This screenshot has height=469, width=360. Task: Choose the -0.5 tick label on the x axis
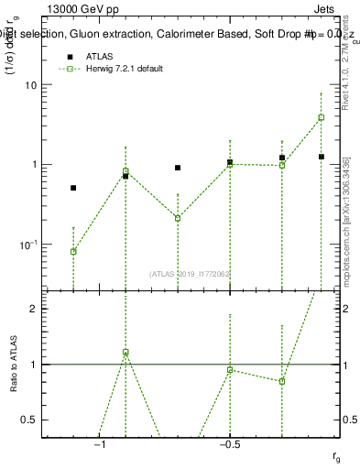[x=229, y=443]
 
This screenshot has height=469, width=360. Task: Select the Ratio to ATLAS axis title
[x=12, y=365]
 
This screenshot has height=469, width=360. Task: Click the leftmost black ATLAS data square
[x=73, y=188]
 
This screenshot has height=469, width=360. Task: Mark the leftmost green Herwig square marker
[x=73, y=251]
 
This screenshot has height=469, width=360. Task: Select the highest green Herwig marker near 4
[x=322, y=117]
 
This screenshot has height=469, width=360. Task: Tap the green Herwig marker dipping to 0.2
[x=178, y=218]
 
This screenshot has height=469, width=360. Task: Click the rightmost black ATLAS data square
[x=322, y=157]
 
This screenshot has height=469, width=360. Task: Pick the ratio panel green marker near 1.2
[x=125, y=353]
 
